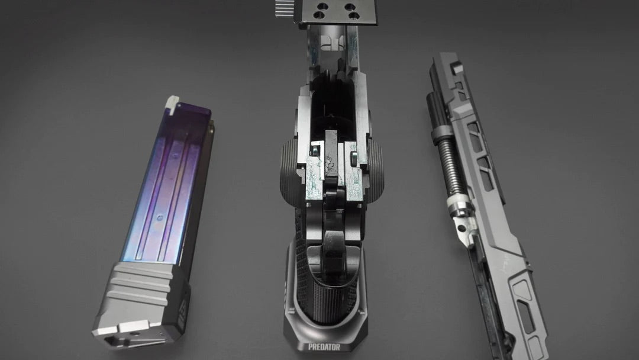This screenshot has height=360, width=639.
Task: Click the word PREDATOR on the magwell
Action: pos(324,347)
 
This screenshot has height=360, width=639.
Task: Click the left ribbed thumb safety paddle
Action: pos(289,171)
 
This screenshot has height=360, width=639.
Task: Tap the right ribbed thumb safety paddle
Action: pos(376,171)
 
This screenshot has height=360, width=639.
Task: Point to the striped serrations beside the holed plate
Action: pos(285,8)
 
